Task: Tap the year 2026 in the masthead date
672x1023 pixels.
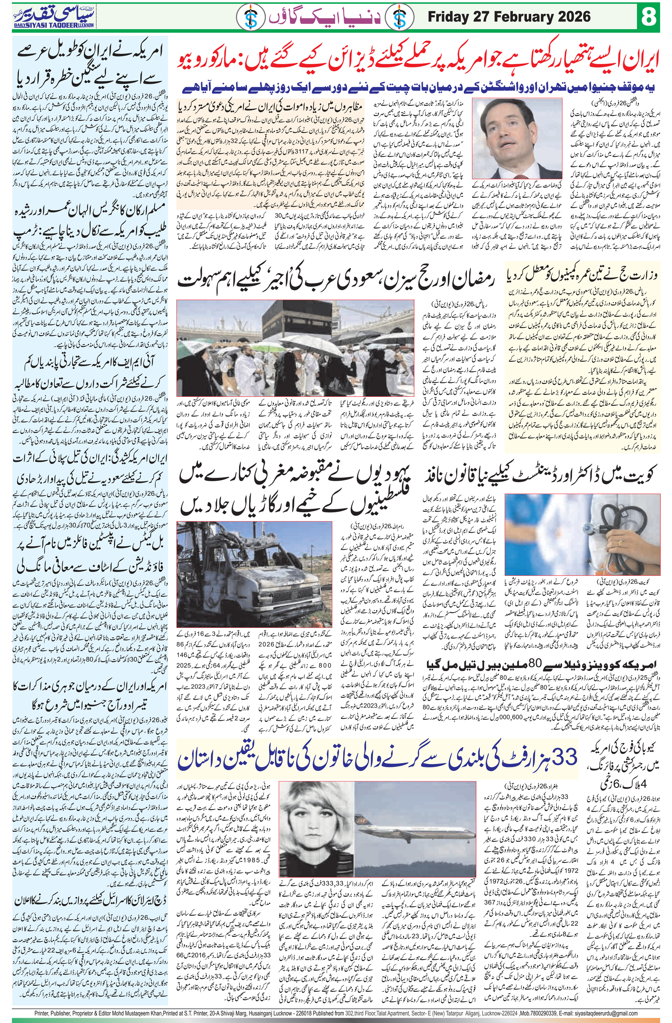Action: [x=574, y=17]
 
